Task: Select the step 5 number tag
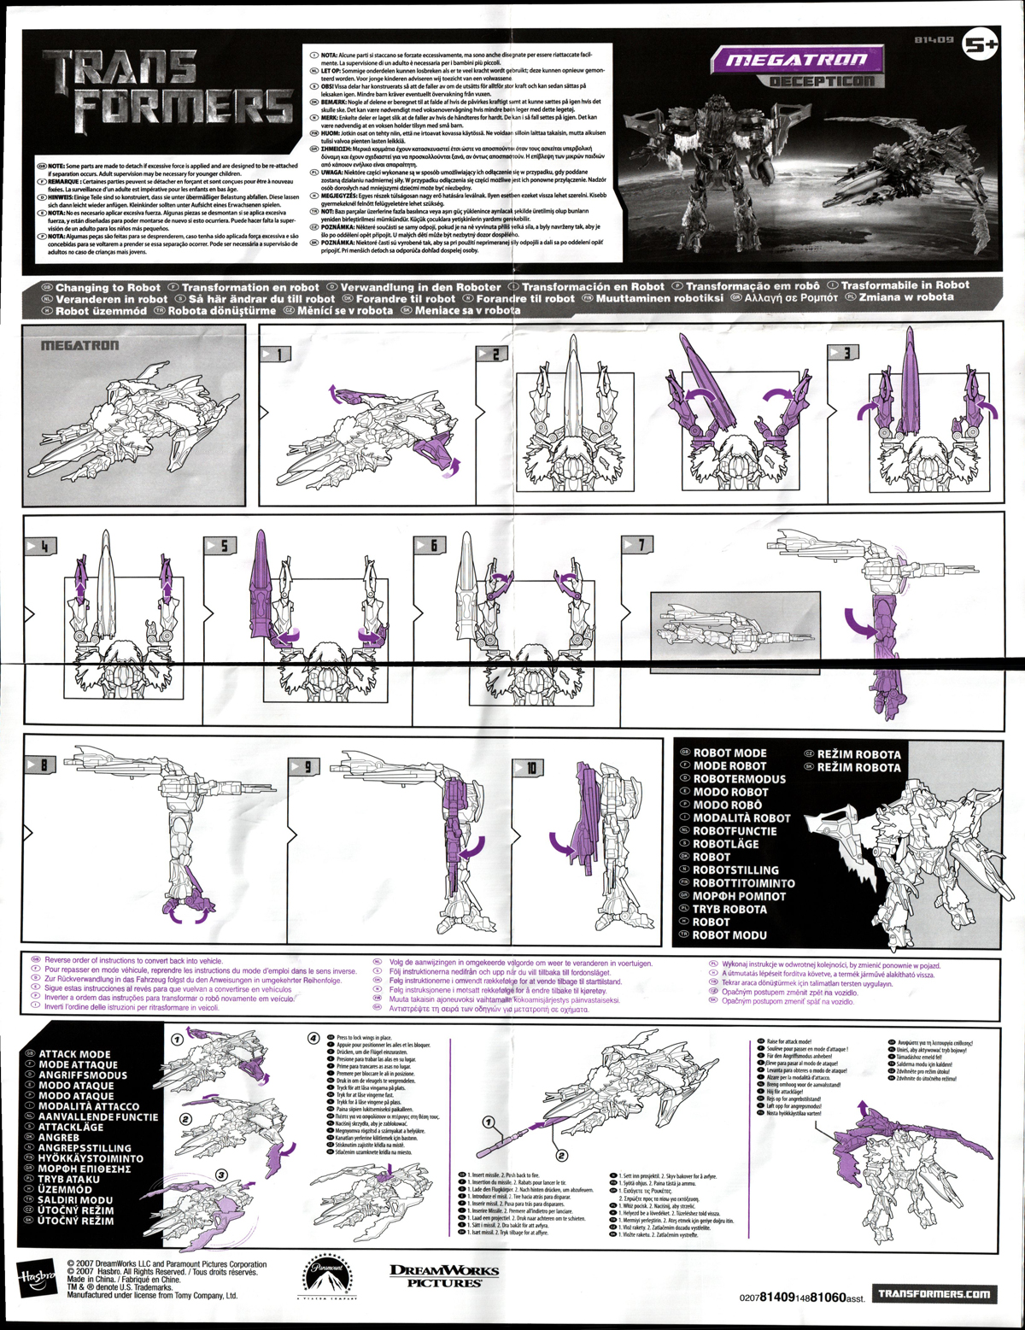221,545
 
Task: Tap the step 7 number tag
637,544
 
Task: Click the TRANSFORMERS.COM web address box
934,1293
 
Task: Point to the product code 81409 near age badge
932,40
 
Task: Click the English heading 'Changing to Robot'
108,288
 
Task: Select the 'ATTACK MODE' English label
74,1054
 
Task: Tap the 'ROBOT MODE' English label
729,753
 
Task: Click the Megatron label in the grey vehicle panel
80,346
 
